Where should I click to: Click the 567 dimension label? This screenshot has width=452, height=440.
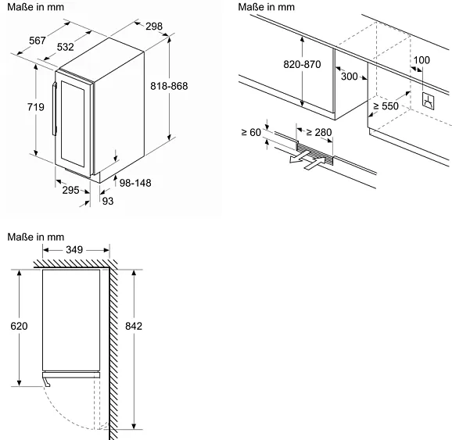[x=38, y=41]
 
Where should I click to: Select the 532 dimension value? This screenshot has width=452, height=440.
[x=65, y=47]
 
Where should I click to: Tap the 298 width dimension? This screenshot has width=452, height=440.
[x=154, y=27]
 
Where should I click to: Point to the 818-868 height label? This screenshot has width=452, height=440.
[x=169, y=86]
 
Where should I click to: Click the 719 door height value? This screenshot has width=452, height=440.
[x=36, y=107]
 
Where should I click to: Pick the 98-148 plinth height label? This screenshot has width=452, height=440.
[x=135, y=183]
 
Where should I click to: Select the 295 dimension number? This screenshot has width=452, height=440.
[x=70, y=190]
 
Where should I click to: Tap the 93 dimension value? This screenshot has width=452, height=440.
[x=108, y=201]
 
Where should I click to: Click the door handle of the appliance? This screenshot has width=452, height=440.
[x=54, y=109]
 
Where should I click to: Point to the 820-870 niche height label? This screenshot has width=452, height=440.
[x=302, y=64]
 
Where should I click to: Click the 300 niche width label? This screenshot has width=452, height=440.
[x=350, y=77]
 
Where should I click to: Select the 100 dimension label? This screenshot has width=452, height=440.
[x=422, y=60]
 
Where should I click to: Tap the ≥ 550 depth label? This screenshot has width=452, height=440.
[x=386, y=106]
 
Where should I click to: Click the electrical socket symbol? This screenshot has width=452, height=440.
[x=428, y=101]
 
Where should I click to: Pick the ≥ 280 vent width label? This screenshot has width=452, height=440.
[x=319, y=133]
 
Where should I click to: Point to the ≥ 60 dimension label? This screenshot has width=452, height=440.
[x=251, y=133]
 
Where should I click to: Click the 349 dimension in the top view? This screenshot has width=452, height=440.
[x=74, y=250]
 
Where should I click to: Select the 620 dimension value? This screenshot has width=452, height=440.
[x=19, y=326]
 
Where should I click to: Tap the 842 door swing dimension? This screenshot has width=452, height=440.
[x=134, y=326]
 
